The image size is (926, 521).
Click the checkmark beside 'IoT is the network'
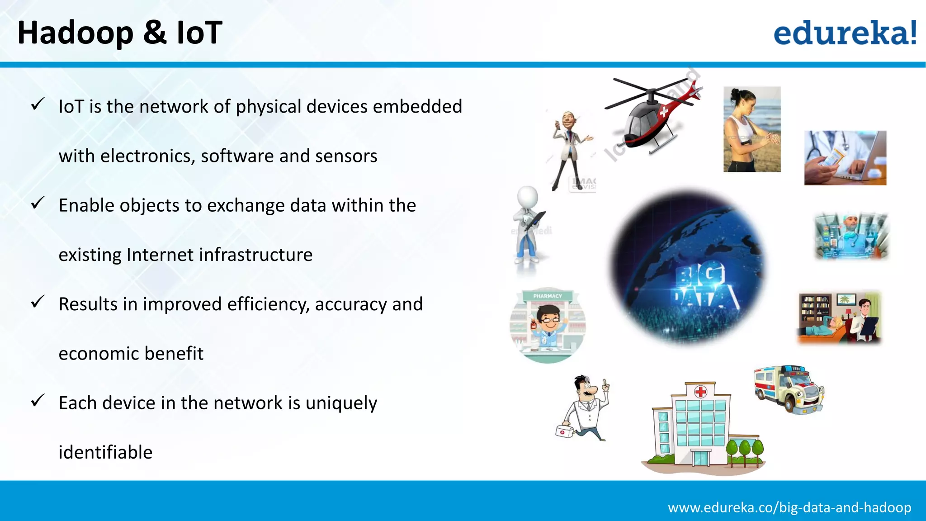38,104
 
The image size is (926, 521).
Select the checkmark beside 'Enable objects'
38,203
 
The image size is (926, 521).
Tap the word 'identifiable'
105,452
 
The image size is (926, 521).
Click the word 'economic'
99,354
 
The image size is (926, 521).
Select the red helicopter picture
651,115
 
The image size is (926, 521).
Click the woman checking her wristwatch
751,129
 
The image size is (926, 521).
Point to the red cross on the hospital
700,392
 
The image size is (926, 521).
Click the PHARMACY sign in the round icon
547,296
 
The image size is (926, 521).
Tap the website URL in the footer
789,507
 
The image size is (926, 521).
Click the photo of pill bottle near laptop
845,158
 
